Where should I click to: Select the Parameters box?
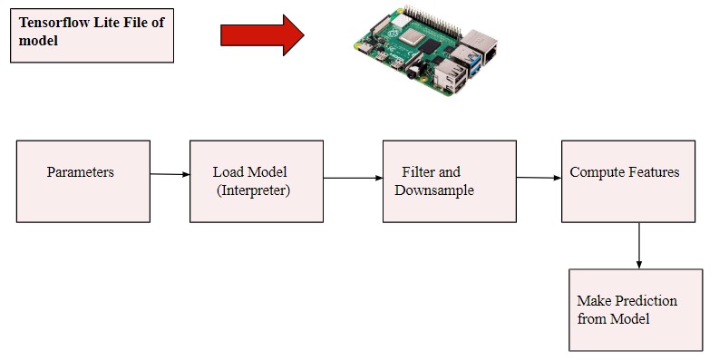[83, 181]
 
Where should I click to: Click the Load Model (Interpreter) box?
[256, 181]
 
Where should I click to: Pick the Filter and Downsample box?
[449, 181]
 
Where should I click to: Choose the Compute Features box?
[627, 181]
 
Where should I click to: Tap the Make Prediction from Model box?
[635, 310]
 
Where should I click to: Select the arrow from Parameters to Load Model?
[170, 174]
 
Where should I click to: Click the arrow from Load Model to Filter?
[353, 178]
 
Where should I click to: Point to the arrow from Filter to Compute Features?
[538, 178]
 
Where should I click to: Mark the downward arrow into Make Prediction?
[639, 245]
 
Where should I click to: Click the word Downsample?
[439, 190]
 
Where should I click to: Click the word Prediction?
[646, 300]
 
